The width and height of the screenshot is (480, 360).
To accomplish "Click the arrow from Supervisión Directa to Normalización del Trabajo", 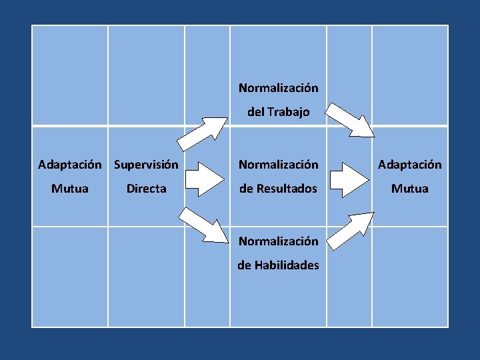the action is click(203, 133).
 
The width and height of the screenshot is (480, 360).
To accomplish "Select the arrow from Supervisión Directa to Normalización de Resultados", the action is click(204, 177).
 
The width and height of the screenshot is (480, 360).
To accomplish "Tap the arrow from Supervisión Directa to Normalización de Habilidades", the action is click(204, 223).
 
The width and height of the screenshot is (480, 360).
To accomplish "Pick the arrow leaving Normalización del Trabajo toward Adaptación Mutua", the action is click(354, 120).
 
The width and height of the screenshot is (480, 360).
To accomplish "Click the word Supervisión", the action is click(146, 164).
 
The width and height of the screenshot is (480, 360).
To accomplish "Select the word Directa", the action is click(147, 189).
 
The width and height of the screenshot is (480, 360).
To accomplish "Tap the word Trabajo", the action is click(289, 112).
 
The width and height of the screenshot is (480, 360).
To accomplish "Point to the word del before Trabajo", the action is click(256, 112).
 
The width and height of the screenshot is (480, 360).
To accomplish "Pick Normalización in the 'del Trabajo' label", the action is click(278, 87).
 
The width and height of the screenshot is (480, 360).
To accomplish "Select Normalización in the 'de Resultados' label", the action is click(278, 164).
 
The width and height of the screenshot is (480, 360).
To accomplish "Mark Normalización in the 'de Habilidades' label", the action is click(278, 241).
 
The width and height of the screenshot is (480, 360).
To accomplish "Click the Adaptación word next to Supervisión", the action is click(70, 164).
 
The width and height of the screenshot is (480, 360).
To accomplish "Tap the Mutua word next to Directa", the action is click(70, 189).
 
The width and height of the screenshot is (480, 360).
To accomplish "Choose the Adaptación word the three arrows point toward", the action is click(410, 164).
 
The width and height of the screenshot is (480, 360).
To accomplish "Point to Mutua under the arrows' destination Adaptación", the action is click(410, 189).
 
